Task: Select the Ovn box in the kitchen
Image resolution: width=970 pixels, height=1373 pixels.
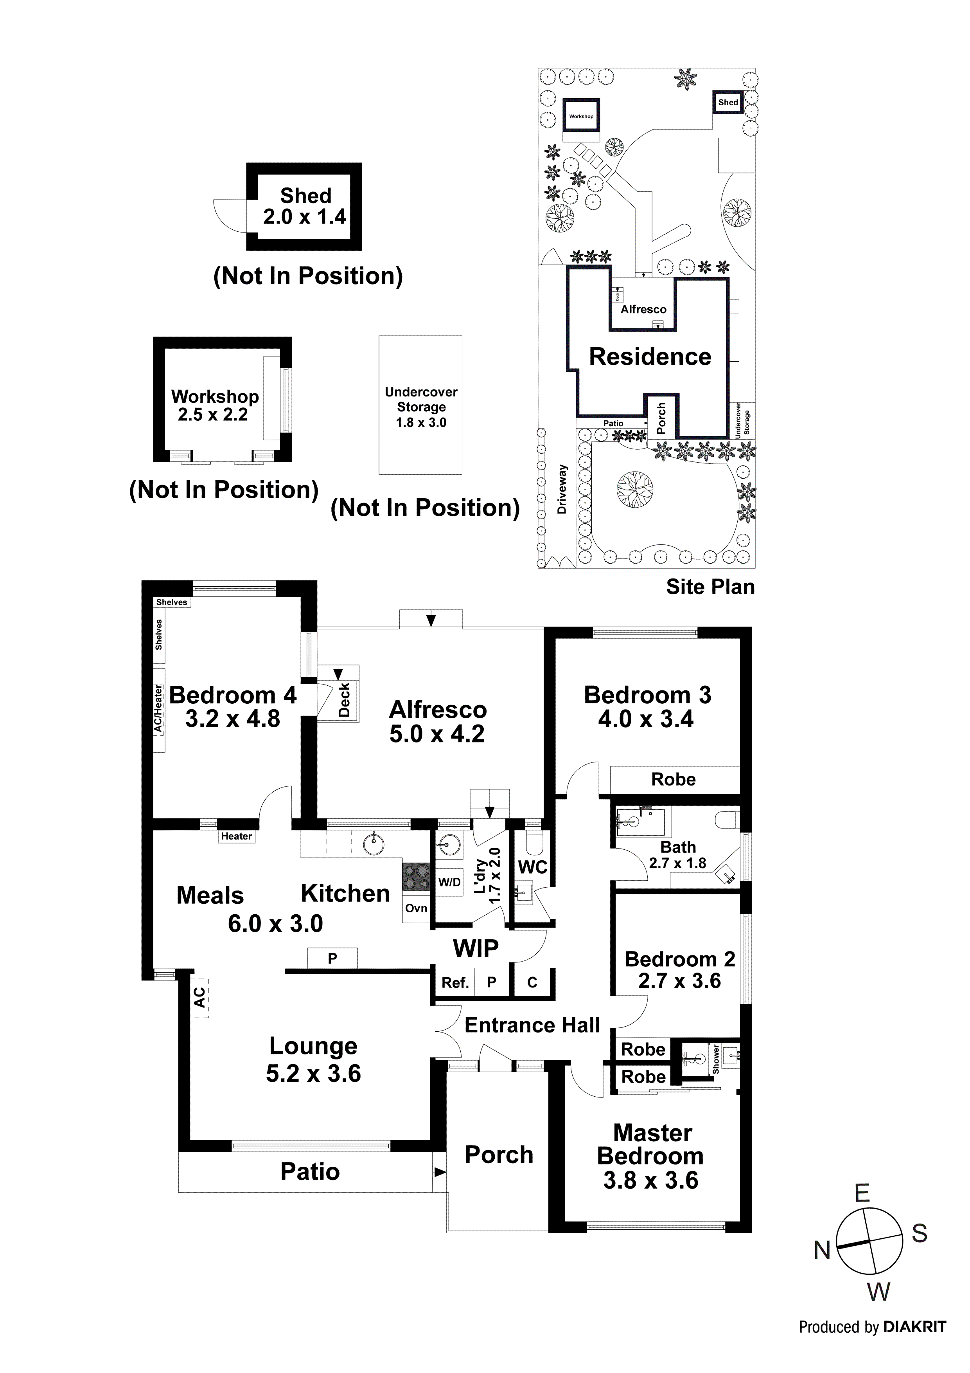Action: click(x=416, y=908)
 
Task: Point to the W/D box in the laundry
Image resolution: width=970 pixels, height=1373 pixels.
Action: click(x=449, y=882)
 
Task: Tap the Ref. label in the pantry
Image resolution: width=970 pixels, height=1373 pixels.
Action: click(x=455, y=982)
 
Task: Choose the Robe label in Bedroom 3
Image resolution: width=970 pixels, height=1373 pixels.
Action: click(x=674, y=779)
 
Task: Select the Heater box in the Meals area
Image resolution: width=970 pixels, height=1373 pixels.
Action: click(x=237, y=836)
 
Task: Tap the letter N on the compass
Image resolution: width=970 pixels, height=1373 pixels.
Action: click(x=823, y=1250)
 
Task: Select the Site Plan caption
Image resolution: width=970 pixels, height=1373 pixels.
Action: click(x=710, y=587)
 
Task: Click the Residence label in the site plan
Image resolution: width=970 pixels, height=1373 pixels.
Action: click(x=650, y=357)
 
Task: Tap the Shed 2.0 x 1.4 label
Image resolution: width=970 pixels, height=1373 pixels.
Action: click(x=305, y=206)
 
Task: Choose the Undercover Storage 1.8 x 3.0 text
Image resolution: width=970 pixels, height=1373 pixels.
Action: click(x=421, y=407)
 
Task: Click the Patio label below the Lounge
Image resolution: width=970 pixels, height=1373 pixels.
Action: click(x=310, y=1172)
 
